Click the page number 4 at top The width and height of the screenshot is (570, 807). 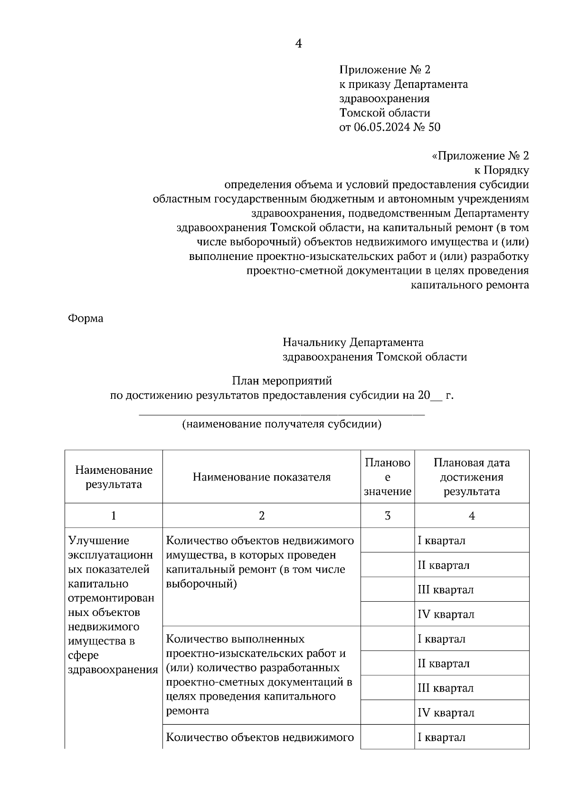point(299,44)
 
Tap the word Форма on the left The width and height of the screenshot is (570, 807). point(85,318)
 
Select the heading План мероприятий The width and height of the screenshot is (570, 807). point(282,381)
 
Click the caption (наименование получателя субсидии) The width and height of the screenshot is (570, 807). point(282,424)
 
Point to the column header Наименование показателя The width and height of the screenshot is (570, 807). point(262,477)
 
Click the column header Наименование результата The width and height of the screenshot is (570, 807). point(114,477)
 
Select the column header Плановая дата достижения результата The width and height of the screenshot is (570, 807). point(471,477)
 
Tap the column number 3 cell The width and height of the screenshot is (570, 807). point(387,516)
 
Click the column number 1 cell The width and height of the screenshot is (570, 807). point(114,516)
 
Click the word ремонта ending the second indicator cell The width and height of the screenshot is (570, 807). point(188,711)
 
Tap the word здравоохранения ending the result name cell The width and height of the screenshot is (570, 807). point(113,670)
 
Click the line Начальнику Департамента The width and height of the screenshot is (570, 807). point(353,342)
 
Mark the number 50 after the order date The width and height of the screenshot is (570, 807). point(434,127)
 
